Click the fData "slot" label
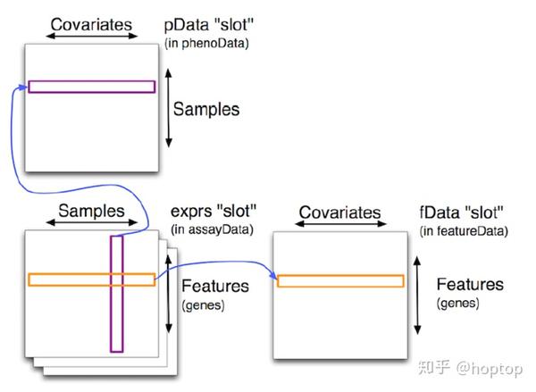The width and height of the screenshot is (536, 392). click(x=462, y=214)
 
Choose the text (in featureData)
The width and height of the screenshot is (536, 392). click(x=462, y=231)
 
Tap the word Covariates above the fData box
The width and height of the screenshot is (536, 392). click(x=339, y=213)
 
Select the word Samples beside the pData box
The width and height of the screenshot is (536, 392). click(x=206, y=110)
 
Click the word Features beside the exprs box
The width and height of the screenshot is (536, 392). click(x=214, y=288)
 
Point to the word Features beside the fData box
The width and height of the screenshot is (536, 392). click(x=470, y=285)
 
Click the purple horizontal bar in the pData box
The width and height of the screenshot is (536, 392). click(x=91, y=87)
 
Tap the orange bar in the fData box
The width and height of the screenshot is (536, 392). click(x=339, y=281)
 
